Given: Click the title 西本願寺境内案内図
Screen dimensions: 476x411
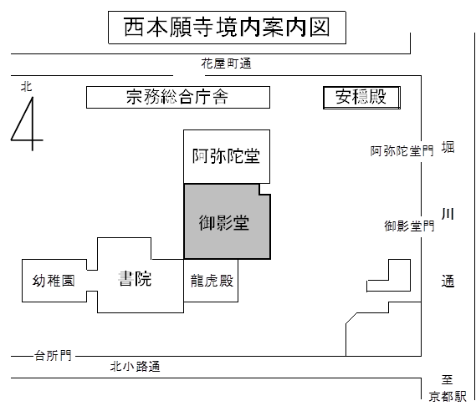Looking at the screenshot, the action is (x=227, y=28).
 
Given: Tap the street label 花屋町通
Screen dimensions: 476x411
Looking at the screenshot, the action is (x=226, y=63).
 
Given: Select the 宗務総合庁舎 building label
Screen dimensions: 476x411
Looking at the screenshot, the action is (x=177, y=97).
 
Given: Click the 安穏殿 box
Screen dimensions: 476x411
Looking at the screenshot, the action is (x=361, y=98).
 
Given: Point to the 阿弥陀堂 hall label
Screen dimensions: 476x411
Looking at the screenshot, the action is (x=226, y=156).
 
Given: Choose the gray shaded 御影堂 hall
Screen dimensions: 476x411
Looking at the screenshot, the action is (x=227, y=221).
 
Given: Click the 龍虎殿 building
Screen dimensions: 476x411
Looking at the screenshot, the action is (x=211, y=281).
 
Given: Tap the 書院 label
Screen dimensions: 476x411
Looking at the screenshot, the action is (x=135, y=279).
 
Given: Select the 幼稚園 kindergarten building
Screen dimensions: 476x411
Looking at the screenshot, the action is (x=54, y=281).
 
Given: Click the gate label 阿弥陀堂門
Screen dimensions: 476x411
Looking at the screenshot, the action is (x=402, y=151).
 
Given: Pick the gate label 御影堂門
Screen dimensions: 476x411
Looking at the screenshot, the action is (x=410, y=226).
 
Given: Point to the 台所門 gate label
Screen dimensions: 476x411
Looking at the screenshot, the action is (x=54, y=356).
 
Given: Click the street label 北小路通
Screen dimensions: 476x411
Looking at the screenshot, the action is (x=135, y=367).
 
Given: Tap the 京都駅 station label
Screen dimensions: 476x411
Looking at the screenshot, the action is (x=448, y=397).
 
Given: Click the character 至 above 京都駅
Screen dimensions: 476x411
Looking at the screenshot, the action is (x=448, y=379).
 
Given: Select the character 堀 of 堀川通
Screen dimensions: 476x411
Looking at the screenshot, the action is (x=448, y=148).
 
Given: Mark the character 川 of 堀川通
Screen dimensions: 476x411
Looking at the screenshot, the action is (x=448, y=214).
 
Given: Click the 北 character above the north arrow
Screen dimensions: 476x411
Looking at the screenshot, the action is (x=27, y=87).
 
